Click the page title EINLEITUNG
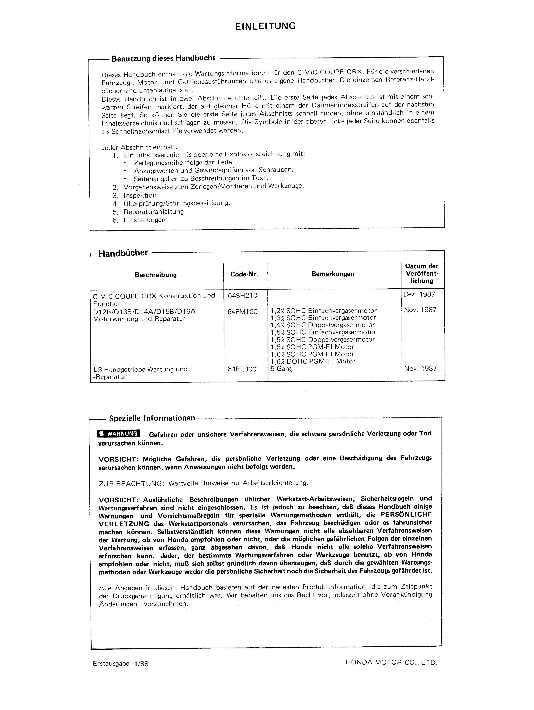(x=265, y=26)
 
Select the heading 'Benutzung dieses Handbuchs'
(x=163, y=58)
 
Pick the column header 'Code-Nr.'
(x=244, y=274)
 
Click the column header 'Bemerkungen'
(x=333, y=274)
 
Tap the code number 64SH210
(x=242, y=295)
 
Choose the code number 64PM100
(x=242, y=311)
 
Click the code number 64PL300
(x=242, y=369)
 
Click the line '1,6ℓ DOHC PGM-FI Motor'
(x=313, y=361)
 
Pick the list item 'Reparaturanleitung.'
(x=154, y=212)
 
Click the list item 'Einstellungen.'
(x=145, y=220)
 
